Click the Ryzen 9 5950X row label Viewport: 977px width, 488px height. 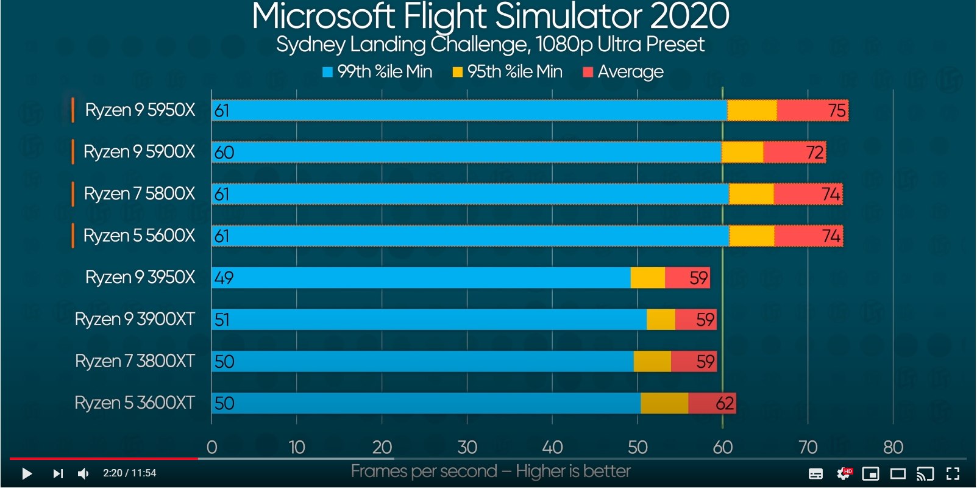[x=140, y=110]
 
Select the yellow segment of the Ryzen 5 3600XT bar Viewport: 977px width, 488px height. [x=664, y=403]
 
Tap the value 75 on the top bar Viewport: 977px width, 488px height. [x=837, y=110]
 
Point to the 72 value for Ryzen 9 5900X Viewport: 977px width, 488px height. [x=815, y=152]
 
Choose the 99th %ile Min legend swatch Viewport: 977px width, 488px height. [x=328, y=72]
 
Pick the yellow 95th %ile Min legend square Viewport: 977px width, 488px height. [x=458, y=72]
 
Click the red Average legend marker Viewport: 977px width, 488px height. [x=588, y=72]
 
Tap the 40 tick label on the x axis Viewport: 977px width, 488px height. [x=552, y=447]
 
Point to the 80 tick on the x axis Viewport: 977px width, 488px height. [x=893, y=447]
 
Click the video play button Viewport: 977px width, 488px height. [x=27, y=473]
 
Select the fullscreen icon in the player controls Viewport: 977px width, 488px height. [x=953, y=473]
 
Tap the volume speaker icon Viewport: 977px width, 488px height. [x=83, y=473]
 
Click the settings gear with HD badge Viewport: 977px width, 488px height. [x=844, y=473]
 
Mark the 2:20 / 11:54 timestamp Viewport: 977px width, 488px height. [x=129, y=473]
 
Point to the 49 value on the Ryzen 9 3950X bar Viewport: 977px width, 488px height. [x=224, y=278]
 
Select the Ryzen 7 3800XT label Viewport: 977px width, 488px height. [x=135, y=361]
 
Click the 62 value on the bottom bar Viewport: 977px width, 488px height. [x=725, y=403]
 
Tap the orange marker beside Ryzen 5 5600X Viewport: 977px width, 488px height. [x=73, y=235]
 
